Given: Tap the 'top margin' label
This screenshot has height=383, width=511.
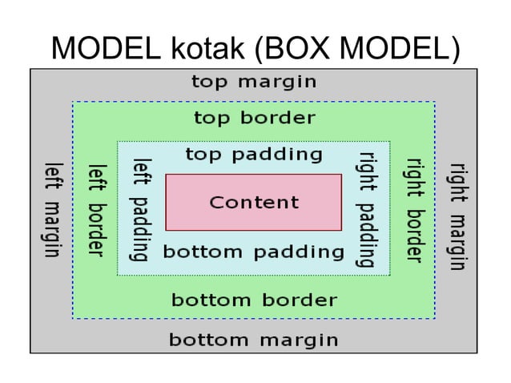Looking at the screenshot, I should (x=254, y=82).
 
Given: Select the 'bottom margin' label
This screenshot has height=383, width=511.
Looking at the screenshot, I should (x=254, y=340).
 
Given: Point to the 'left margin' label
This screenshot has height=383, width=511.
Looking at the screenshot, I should (x=53, y=210).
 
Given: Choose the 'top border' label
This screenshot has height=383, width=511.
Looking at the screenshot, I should (x=255, y=119).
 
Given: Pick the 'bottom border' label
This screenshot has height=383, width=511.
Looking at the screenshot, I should (x=254, y=301).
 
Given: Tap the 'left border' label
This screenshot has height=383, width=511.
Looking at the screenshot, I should (x=97, y=210).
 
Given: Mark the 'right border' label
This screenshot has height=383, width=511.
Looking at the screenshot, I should (x=413, y=210).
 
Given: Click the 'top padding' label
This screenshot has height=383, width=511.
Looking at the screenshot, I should (x=254, y=154).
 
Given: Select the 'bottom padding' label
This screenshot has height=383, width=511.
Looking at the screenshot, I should (x=254, y=252).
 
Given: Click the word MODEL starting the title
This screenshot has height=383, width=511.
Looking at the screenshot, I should (x=98, y=49).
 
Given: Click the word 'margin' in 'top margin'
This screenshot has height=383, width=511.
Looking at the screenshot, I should (x=277, y=83).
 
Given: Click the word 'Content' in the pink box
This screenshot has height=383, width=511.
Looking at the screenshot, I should (x=254, y=203).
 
